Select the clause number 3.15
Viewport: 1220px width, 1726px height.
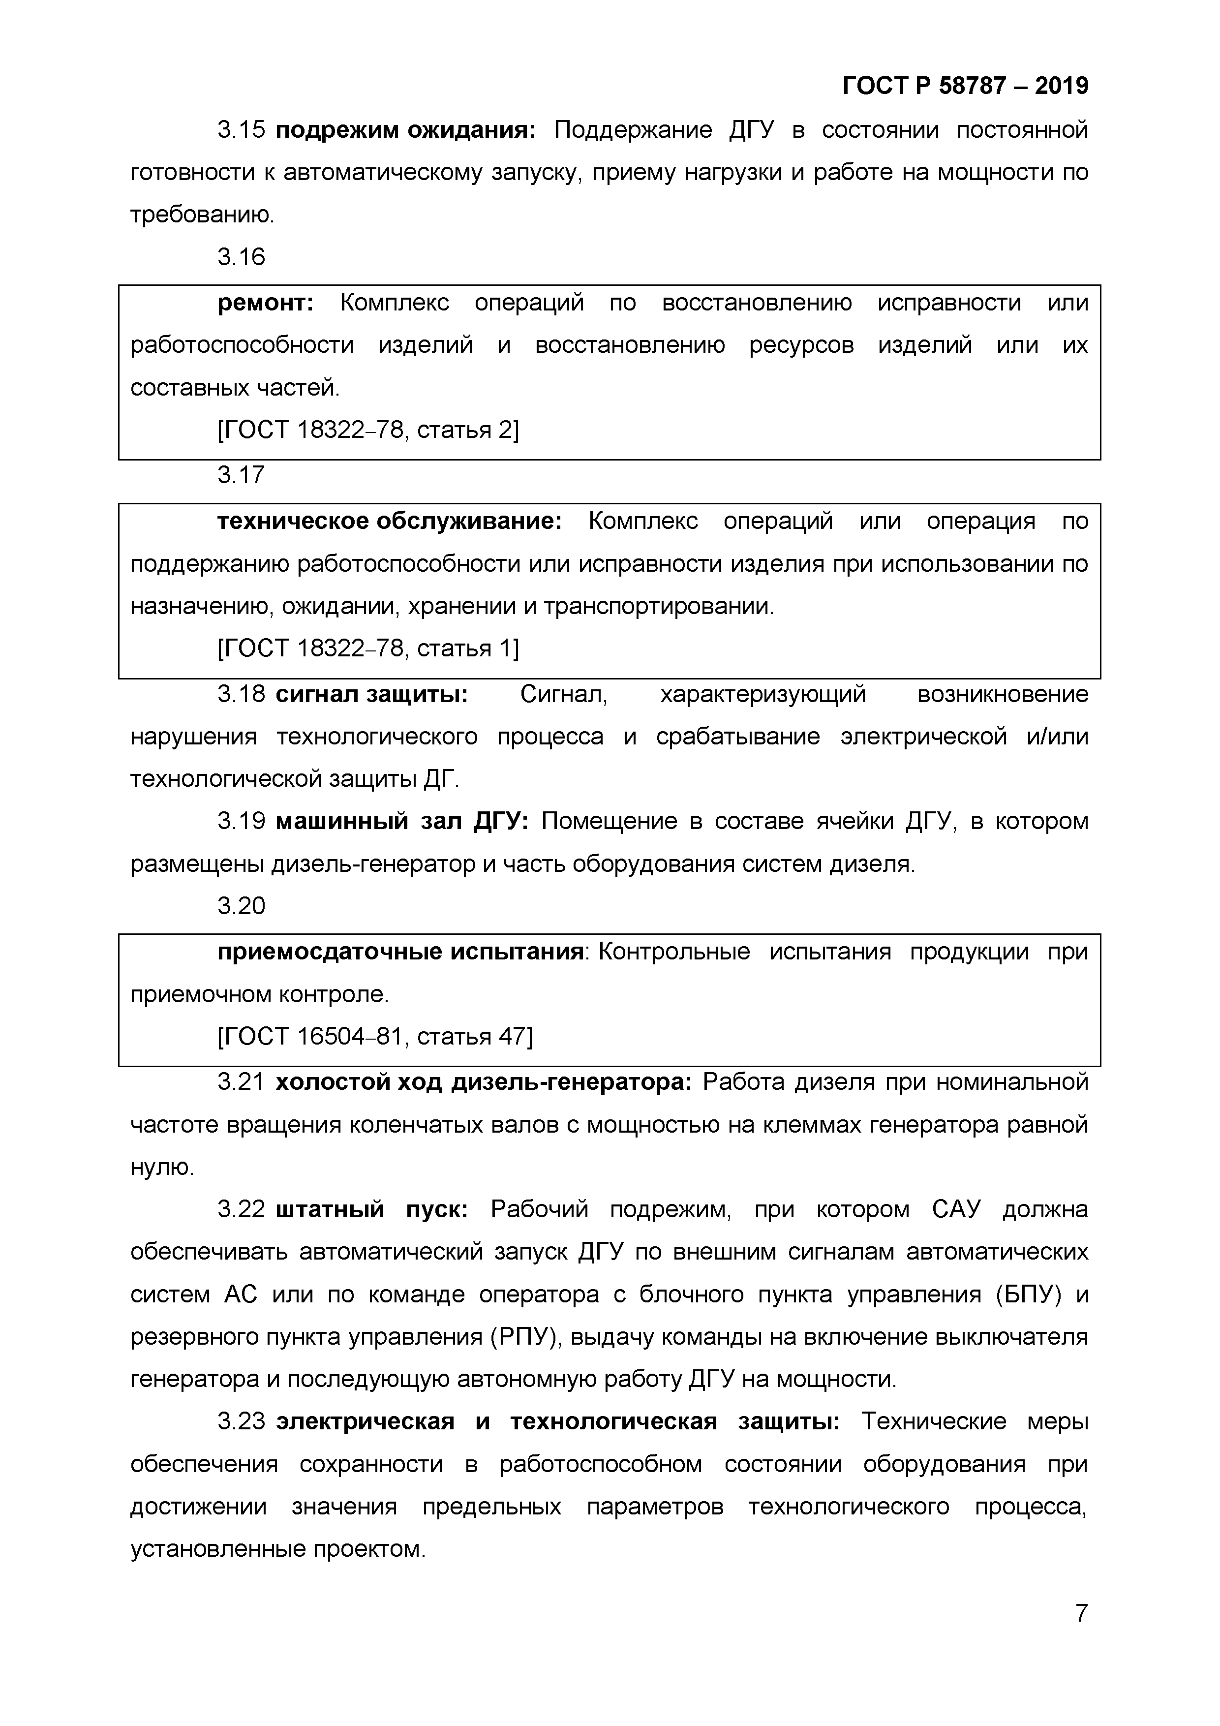click(x=241, y=130)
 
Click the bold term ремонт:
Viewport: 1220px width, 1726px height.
click(x=265, y=303)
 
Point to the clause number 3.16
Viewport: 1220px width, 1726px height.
click(x=241, y=257)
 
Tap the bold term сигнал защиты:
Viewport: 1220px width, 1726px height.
click(x=371, y=694)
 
